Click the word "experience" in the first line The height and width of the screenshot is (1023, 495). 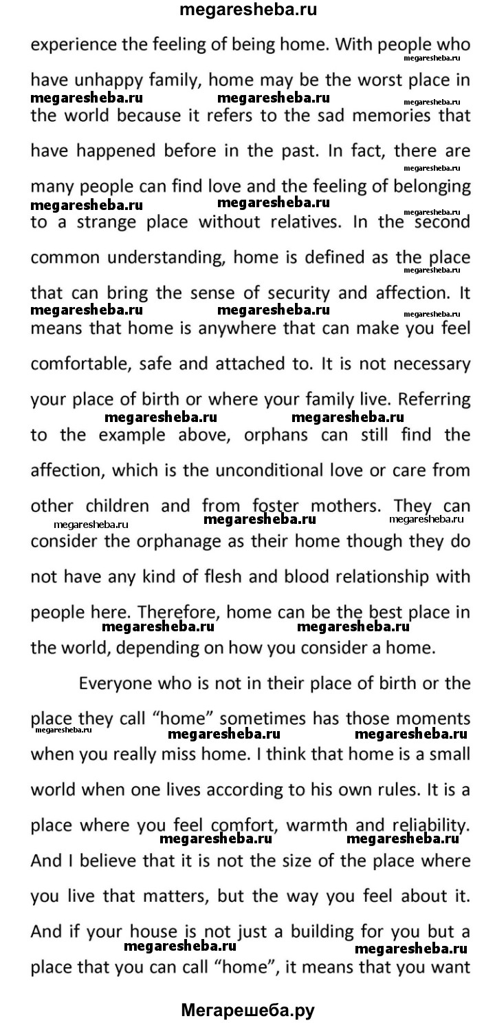[x=72, y=45]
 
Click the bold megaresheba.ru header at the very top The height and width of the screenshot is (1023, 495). [x=247, y=10]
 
